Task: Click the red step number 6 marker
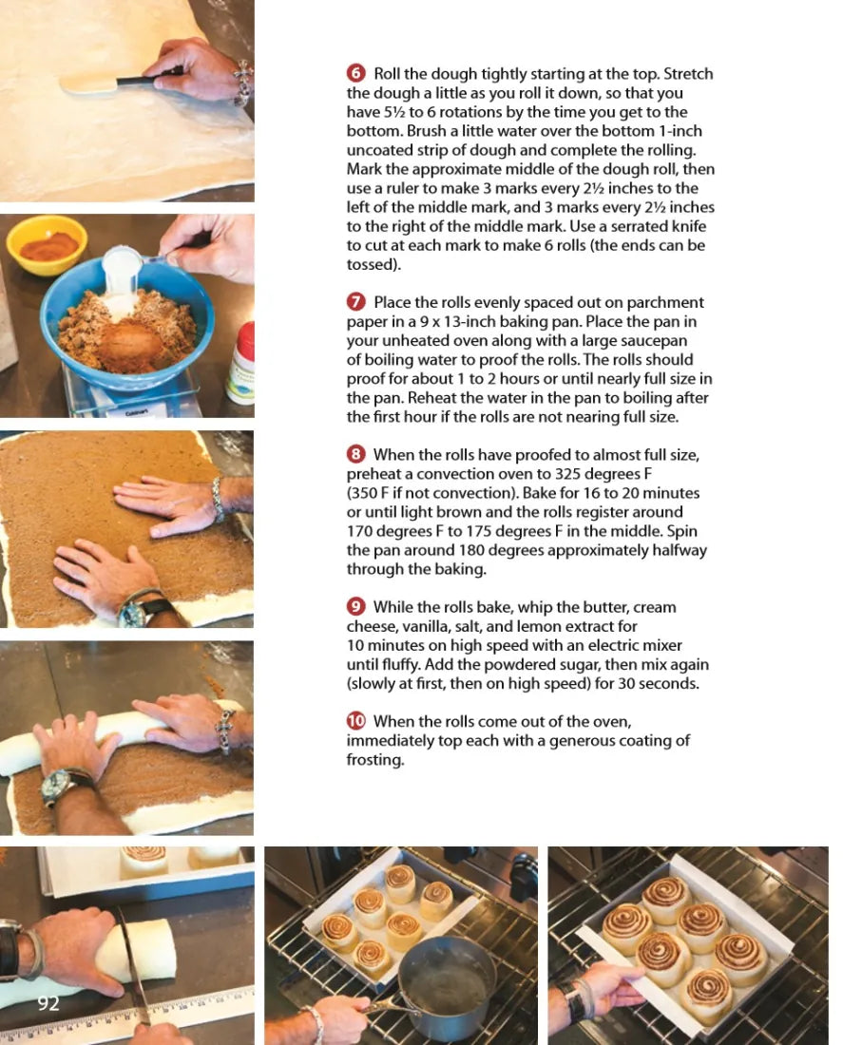pyautogui.click(x=356, y=72)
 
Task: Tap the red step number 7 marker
pyautogui.click(x=356, y=302)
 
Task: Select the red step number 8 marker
pyautogui.click(x=356, y=454)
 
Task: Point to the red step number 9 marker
pyautogui.click(x=356, y=606)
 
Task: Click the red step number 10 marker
pyautogui.click(x=356, y=721)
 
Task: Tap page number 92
pyautogui.click(x=48, y=1003)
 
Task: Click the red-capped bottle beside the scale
pyautogui.click(x=241, y=363)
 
